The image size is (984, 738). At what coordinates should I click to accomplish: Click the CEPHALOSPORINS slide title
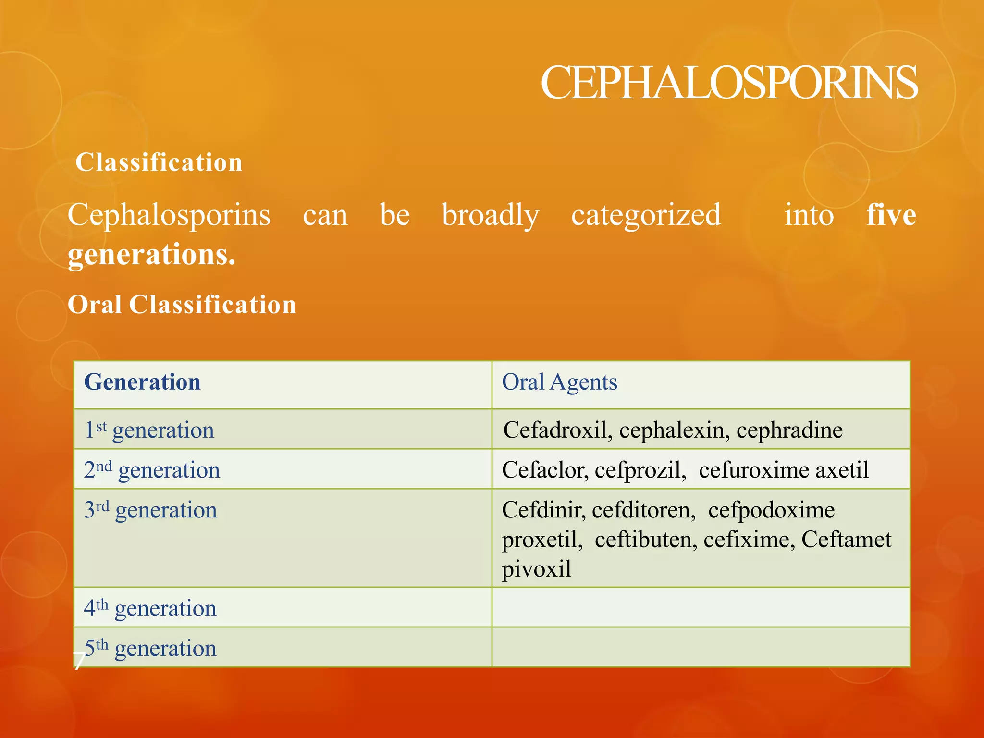tap(728, 83)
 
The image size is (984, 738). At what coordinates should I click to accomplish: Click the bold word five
tap(891, 215)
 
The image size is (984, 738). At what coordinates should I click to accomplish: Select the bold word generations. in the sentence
tap(151, 255)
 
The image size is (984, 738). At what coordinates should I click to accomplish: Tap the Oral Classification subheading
tap(182, 305)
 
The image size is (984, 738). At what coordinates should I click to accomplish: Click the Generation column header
tap(142, 382)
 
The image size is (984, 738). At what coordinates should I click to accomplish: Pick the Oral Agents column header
tap(559, 382)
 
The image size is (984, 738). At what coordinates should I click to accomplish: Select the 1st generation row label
tap(149, 430)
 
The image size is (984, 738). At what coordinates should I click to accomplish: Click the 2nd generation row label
tap(152, 469)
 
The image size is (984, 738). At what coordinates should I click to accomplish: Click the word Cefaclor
tap(545, 469)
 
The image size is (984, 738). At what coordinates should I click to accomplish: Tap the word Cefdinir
tap(543, 510)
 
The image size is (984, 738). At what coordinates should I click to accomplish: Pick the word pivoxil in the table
tap(536, 570)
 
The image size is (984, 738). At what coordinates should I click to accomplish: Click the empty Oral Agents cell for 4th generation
tap(701, 607)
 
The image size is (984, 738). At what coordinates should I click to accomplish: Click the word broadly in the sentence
tap(490, 215)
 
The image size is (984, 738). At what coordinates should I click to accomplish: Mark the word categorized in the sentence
tap(646, 215)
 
